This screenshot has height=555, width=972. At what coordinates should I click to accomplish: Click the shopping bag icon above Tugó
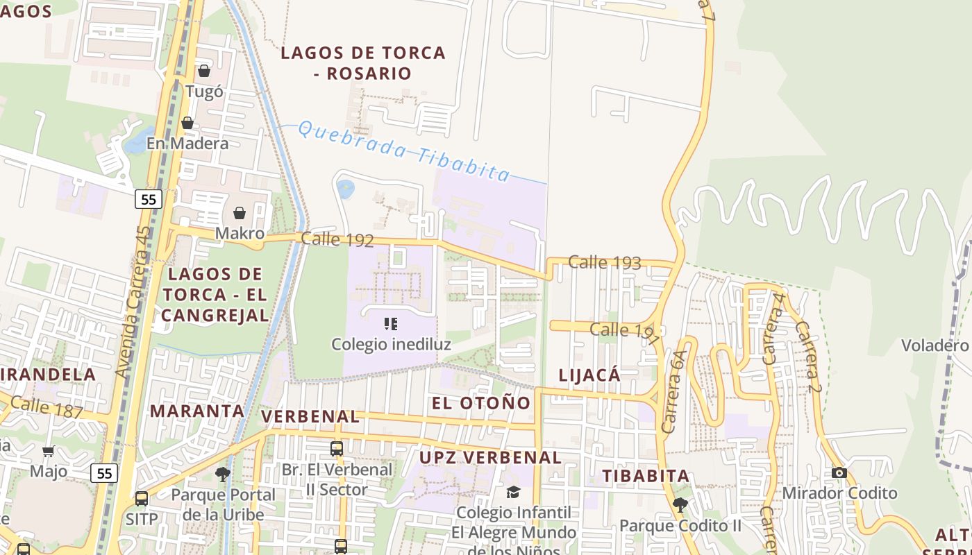[204, 71]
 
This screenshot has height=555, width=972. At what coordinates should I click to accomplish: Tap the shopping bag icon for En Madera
[187, 123]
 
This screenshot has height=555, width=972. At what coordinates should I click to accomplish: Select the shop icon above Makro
[240, 212]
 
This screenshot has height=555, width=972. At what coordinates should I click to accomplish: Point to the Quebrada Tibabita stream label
[404, 151]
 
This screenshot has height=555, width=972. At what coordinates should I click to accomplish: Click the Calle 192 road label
[337, 240]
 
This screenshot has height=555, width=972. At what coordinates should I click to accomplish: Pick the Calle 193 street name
[604, 262]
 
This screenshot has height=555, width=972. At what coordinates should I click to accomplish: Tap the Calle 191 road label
[624, 331]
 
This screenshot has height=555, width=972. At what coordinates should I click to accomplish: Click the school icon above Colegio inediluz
[390, 323]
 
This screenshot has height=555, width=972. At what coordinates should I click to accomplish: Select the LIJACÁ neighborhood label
[589, 375]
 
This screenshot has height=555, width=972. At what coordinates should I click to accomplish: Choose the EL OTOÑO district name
[481, 403]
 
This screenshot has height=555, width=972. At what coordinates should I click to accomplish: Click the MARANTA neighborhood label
[197, 411]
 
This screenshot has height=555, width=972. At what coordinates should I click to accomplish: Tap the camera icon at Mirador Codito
[839, 472]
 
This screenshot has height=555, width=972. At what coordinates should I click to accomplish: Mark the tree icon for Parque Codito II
[680, 505]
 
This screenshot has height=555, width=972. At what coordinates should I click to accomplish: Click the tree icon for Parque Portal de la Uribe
[223, 475]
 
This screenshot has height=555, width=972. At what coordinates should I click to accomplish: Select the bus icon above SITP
[142, 498]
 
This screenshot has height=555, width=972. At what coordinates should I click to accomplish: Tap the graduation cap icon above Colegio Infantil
[513, 492]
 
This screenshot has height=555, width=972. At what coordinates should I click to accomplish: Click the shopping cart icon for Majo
[49, 452]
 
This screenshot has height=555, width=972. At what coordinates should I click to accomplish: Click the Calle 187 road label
[47, 407]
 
